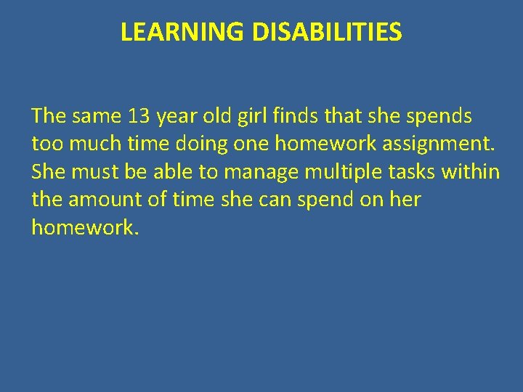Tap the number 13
(x=140, y=115)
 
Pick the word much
(x=90, y=144)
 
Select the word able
(x=176, y=172)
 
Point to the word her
(x=406, y=200)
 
